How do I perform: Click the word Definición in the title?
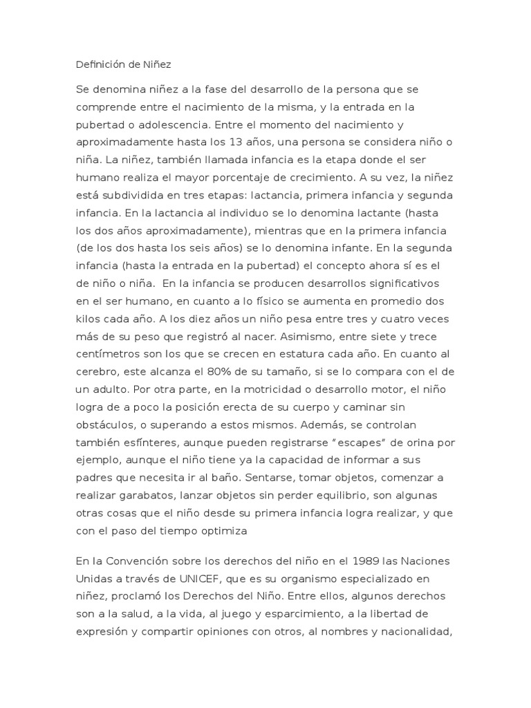(99, 65)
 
